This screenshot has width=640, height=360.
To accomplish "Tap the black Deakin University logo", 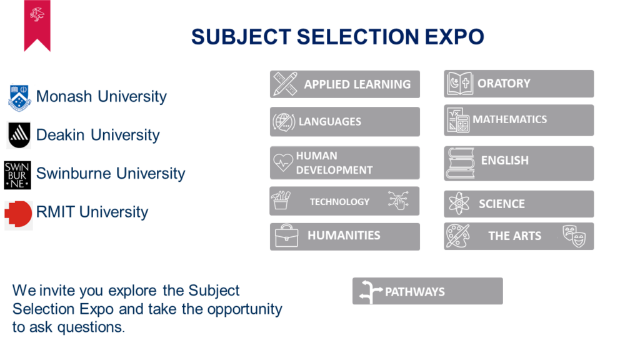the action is [19, 135].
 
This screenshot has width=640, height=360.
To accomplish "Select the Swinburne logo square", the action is [17, 175].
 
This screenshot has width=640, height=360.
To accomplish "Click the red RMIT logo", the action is [18, 214].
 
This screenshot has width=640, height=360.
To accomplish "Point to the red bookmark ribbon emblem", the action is [37, 25].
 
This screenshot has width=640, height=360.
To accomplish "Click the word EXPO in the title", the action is [454, 37].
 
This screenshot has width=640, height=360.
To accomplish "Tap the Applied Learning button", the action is [345, 84].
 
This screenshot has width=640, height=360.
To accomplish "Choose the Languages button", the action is [345, 122].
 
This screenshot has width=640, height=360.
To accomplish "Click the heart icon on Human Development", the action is [283, 162].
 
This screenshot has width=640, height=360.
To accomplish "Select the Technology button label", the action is [339, 202].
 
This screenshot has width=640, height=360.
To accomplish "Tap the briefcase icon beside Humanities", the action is [286, 236].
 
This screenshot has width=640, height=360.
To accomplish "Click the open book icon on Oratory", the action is [459, 83].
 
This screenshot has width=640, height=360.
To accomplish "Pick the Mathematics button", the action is [519, 120].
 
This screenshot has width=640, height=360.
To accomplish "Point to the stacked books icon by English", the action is [460, 163].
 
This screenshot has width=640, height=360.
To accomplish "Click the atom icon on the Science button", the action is [459, 203].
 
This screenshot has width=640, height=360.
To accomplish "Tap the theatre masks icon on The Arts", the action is [574, 236].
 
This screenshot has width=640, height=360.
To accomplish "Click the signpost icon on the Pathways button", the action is [370, 292].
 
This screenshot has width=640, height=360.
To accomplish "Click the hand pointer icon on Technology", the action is [398, 200].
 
